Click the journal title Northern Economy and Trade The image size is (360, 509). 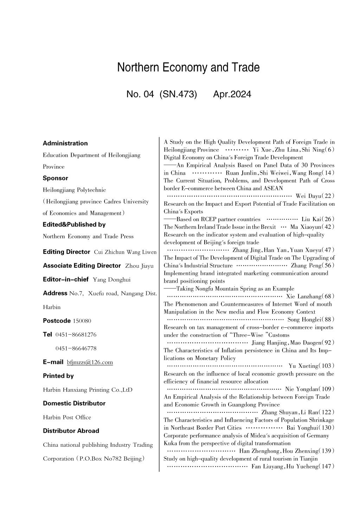pos(188,67)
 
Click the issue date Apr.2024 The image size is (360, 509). pos(232,94)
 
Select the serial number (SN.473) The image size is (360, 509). pos(178,94)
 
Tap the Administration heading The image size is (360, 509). pos(65,143)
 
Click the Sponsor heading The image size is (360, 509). pos(56,178)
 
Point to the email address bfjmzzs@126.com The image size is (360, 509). pos(90,362)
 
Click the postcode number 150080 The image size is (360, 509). pos(82,321)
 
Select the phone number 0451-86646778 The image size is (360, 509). pos(76,348)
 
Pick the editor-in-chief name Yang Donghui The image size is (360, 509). pos(111,280)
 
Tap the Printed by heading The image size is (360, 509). pos(58,376)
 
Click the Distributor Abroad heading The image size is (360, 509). pos(71,431)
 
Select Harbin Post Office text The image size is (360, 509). pos(67,418)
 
